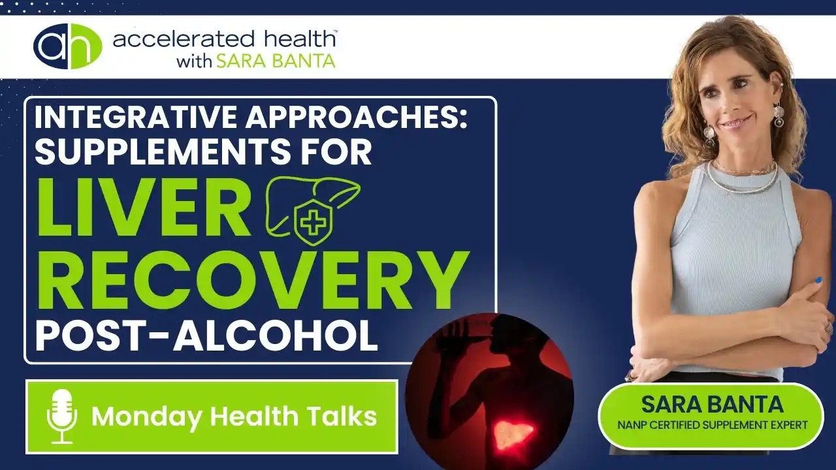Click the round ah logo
click(68, 46)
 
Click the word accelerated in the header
click(184, 40)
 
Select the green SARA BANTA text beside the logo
click(276, 61)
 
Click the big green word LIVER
click(144, 208)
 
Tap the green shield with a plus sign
click(313, 223)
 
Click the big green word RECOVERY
click(253, 281)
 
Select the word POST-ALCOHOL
click(206, 336)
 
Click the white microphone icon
click(62, 416)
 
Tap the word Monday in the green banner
click(147, 417)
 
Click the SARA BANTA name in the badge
click(712, 404)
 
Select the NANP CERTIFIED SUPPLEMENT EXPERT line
click(712, 425)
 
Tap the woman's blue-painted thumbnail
click(818, 280)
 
